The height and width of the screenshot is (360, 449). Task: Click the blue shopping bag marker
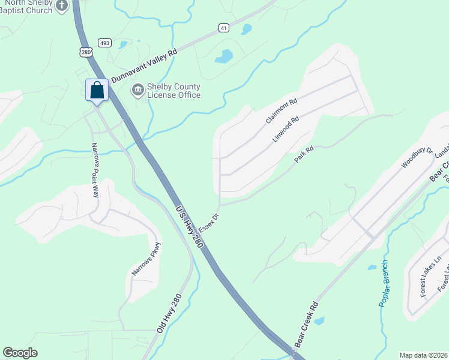[x=97, y=91]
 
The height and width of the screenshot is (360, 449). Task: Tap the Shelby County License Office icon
[x=138, y=90]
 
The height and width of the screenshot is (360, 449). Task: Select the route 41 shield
[x=223, y=28]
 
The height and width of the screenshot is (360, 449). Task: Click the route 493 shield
[x=105, y=43]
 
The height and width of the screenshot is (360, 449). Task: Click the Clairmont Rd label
[x=282, y=112]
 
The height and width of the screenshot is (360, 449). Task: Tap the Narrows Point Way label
[x=94, y=170]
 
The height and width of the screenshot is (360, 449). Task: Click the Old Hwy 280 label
[x=169, y=314]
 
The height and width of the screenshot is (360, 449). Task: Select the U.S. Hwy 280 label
[x=187, y=224]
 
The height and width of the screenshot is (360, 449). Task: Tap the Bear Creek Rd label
[x=305, y=329]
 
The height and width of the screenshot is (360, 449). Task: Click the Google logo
[x=20, y=353]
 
